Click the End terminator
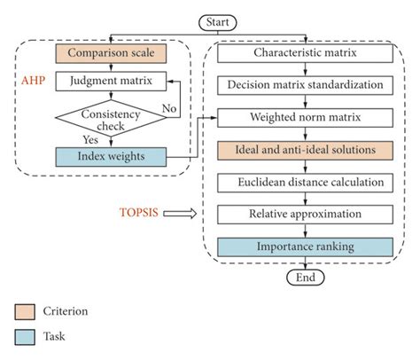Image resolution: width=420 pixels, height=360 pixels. [305, 276]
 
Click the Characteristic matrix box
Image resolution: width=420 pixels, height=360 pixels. [305, 52]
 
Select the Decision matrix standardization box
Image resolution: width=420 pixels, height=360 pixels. [305, 85]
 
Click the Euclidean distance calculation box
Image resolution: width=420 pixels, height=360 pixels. [305, 183]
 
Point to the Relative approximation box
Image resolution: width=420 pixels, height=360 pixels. [305, 215]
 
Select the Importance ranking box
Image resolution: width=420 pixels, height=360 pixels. [305, 247]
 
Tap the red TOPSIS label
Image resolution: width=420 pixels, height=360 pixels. [139, 214]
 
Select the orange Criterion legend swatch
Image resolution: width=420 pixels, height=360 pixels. [25, 312]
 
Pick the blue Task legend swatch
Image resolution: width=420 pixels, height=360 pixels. [25, 337]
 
